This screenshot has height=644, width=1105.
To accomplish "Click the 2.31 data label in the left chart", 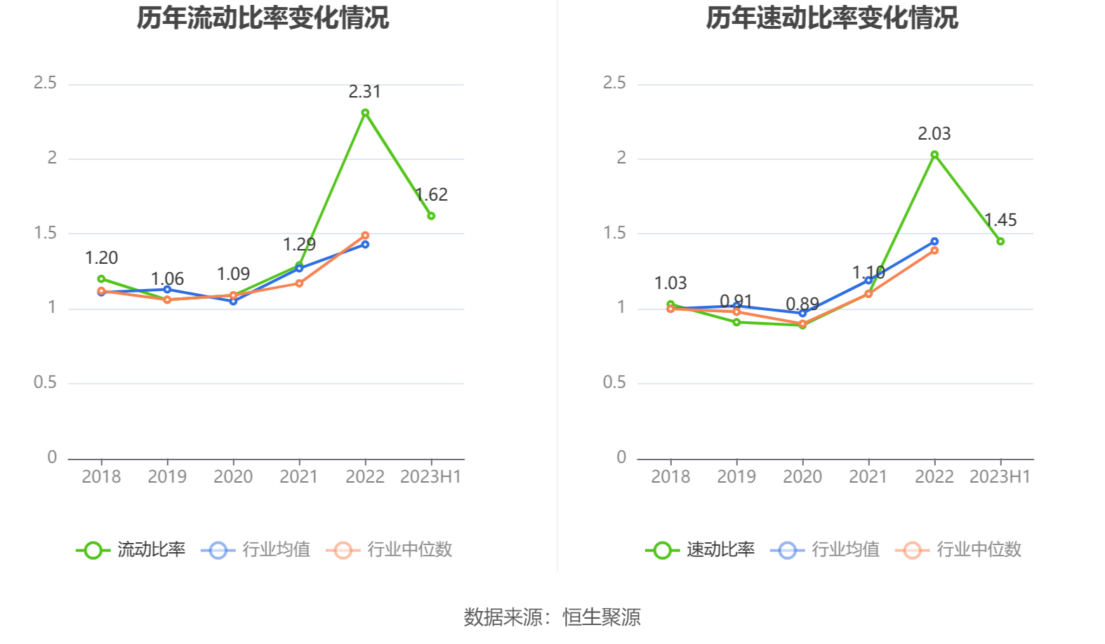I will coord(364,92).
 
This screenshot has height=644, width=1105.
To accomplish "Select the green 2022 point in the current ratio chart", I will coord(365,113).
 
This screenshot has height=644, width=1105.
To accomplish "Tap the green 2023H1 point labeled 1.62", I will coord(431,216).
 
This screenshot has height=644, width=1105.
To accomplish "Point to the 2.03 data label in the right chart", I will coord(934,134).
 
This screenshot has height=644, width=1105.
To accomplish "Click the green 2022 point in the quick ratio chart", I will coord(934,155).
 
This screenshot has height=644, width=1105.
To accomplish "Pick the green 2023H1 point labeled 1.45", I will coord(1000,241).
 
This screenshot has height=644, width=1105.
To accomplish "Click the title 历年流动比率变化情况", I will coord(263,18).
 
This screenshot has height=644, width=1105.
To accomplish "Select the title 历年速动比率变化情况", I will coord(832,18).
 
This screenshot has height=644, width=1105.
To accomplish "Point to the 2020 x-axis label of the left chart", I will coord(233,477).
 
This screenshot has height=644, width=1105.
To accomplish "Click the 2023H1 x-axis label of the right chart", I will coord(1000,477).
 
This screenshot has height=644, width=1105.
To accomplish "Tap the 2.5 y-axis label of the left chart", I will coord(46,83).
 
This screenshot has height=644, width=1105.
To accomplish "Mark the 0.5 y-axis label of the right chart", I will coord(614,383).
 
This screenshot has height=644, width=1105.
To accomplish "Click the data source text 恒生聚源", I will coord(602,617).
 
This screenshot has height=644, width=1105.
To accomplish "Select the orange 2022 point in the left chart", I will coord(365,236).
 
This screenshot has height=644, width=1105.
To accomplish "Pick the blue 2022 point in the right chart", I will coord(934,241).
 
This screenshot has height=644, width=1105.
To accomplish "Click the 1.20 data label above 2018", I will coord(101,258).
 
